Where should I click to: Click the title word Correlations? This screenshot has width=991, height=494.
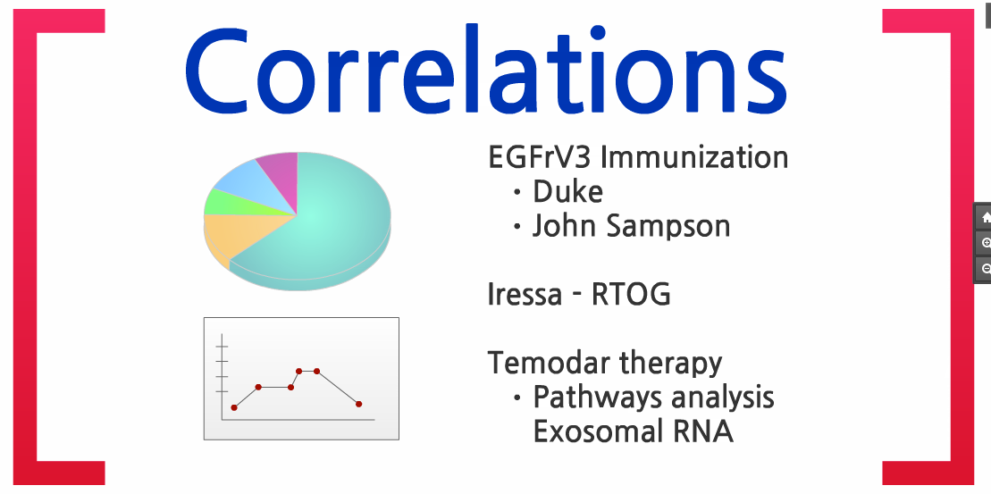pyautogui.click(x=486, y=71)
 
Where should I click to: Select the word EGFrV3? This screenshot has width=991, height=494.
pyautogui.click(x=540, y=157)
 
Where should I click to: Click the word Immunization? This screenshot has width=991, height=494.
pyautogui.click(x=694, y=157)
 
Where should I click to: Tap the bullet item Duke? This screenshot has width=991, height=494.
pyautogui.click(x=567, y=191)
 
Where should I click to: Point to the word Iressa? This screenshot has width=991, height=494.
pyautogui.click(x=525, y=294)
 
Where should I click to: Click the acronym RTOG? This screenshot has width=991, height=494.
pyautogui.click(x=631, y=294)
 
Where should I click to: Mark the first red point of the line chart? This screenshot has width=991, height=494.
pyautogui.click(x=234, y=407)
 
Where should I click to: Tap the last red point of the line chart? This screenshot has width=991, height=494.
pyautogui.click(x=358, y=404)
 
